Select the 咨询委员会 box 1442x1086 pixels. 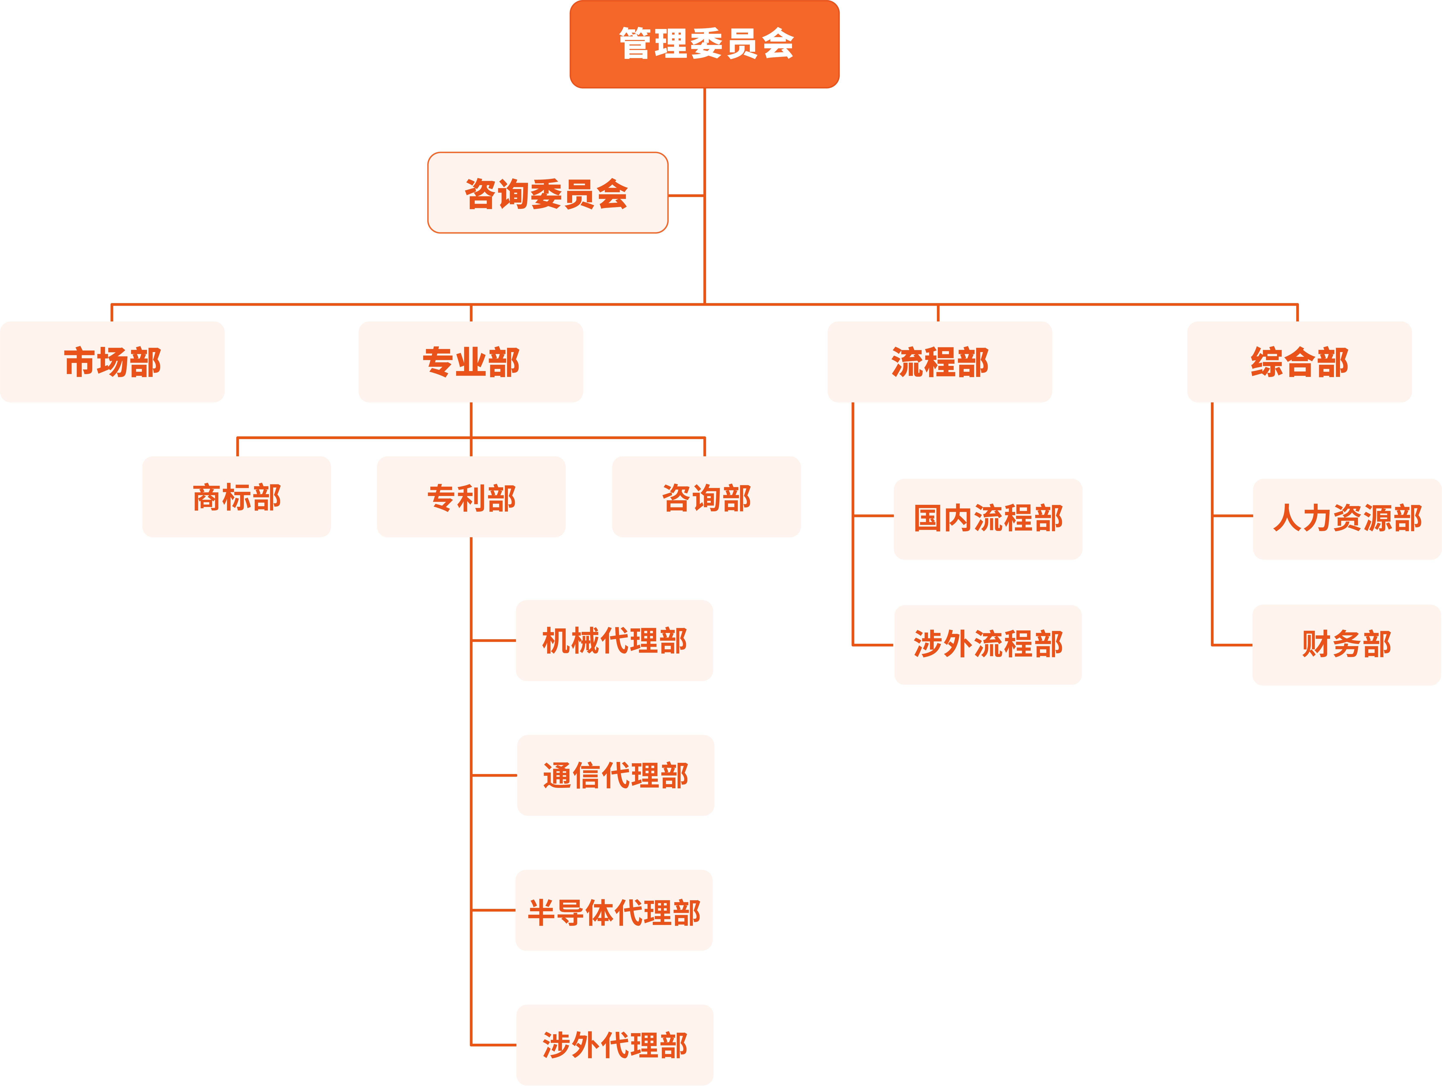point(548,192)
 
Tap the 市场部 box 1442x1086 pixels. point(112,362)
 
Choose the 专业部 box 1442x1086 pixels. point(471,362)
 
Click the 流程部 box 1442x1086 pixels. point(939,362)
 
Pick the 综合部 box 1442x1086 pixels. point(1299,362)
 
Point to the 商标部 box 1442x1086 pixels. point(237,497)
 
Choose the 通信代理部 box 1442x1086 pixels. point(615,776)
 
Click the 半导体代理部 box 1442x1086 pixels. point(614,911)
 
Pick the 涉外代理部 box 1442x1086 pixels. point(615,1045)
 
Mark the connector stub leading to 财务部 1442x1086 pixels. point(1232,645)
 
